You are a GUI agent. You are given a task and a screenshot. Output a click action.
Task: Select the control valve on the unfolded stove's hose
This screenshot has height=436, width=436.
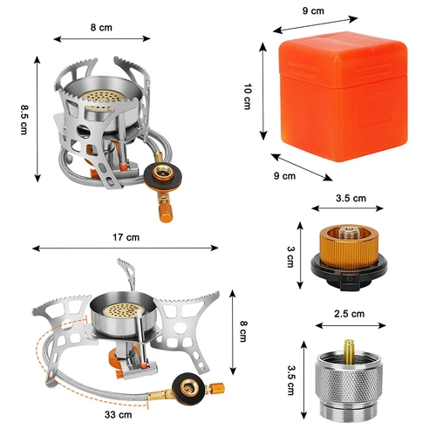(x=186, y=386)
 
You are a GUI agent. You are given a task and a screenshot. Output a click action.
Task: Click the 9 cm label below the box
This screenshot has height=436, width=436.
(x=285, y=175)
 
